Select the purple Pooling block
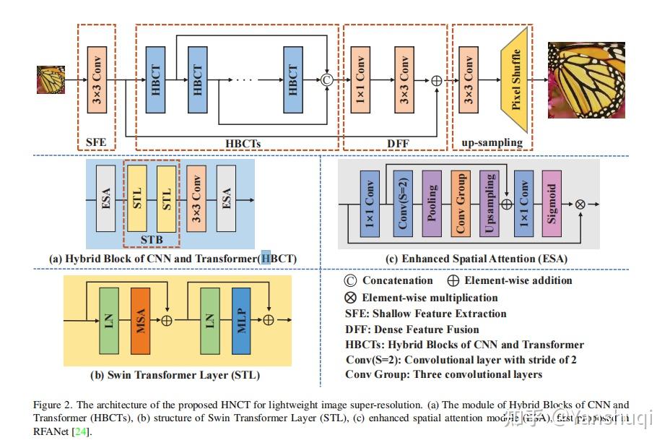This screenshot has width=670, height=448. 432,204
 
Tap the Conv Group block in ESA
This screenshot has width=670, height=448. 461,204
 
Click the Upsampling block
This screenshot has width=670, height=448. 489,204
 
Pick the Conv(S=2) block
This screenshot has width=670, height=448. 403,204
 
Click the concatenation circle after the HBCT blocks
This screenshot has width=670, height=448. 326,79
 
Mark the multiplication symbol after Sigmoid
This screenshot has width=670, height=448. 580,204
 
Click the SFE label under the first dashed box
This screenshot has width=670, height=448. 96,142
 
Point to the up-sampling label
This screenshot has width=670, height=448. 492,142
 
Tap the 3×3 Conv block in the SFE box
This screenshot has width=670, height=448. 97,80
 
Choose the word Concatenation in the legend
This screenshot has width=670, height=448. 397,280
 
